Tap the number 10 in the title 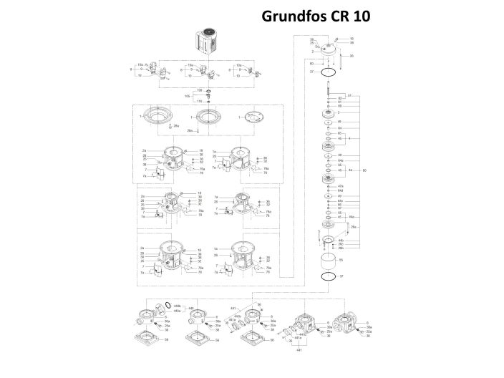tap(360, 16)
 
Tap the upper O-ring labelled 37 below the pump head tap(328, 72)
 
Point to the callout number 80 tap(364, 170)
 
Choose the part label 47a tap(340, 185)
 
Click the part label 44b tap(341, 240)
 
